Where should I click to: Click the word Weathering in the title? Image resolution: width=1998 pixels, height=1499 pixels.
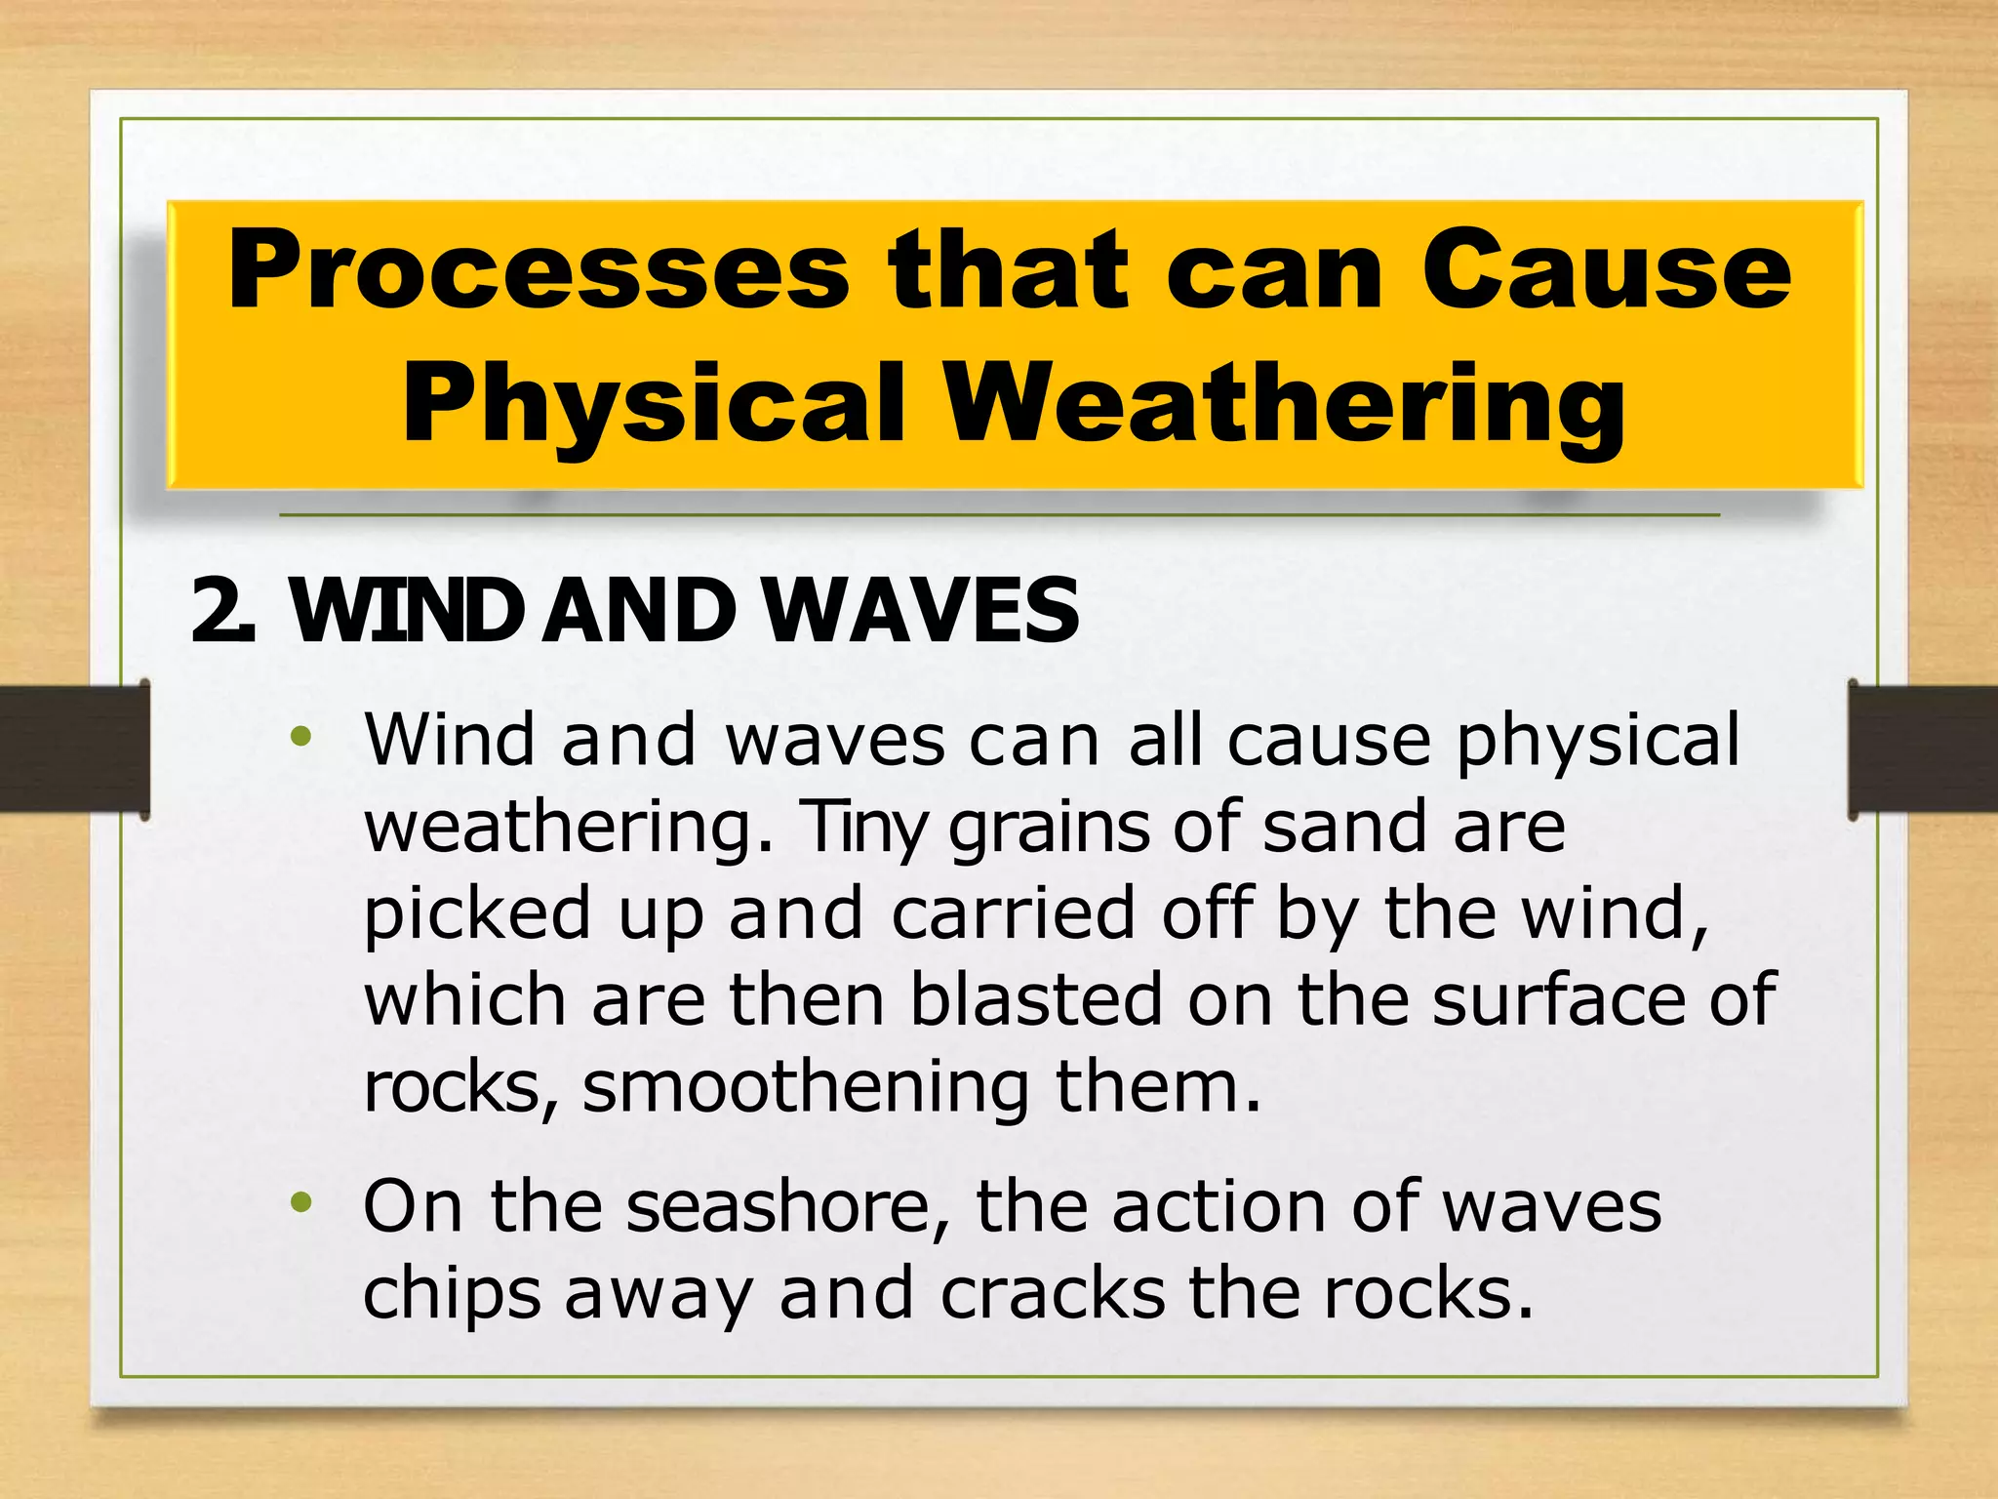click(x=1285, y=403)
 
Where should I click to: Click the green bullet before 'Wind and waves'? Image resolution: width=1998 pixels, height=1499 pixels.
click(x=301, y=736)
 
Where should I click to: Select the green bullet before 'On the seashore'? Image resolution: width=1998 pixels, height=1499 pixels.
click(x=301, y=1202)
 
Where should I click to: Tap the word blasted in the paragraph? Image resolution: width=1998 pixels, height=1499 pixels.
click(x=1036, y=999)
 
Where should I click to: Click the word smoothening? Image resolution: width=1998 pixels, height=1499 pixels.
click(x=806, y=1087)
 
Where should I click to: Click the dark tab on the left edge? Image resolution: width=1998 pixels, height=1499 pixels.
click(x=74, y=749)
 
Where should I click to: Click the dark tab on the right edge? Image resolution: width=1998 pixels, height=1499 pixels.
click(x=1923, y=749)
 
